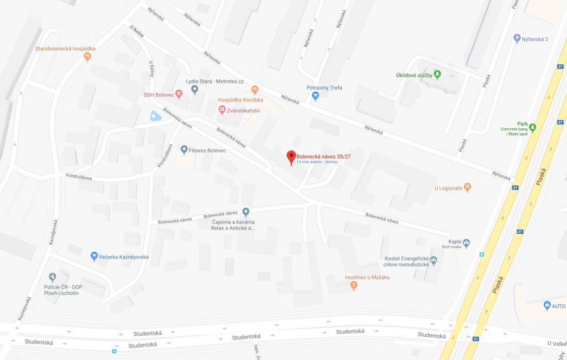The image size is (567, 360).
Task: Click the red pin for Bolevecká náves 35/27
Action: tap(291, 157)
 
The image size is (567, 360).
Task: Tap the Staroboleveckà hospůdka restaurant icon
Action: tap(88, 57)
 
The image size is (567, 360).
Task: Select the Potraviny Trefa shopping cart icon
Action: tap(315, 95)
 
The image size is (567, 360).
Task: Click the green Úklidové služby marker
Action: tap(438, 74)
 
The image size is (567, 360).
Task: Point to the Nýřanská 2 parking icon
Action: tap(517, 39)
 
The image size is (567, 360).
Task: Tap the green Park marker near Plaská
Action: tap(532, 127)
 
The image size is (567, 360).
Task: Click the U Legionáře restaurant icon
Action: tap(468, 187)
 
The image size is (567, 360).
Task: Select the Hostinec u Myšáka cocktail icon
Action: tap(354, 285)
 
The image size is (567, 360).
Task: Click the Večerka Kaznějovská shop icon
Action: tap(94, 256)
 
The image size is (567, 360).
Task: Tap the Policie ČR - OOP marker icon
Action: tap(52, 277)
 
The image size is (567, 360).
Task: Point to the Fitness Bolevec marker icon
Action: tap(184, 150)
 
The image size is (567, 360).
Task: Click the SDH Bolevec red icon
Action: tap(179, 94)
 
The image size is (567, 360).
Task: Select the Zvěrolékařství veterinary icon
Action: tap(222, 110)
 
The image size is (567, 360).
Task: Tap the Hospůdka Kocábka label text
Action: tap(241, 99)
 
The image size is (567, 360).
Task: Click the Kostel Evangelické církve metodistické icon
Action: tap(433, 261)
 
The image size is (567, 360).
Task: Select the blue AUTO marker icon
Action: tap(547, 305)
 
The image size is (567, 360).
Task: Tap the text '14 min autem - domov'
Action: tap(317, 162)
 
